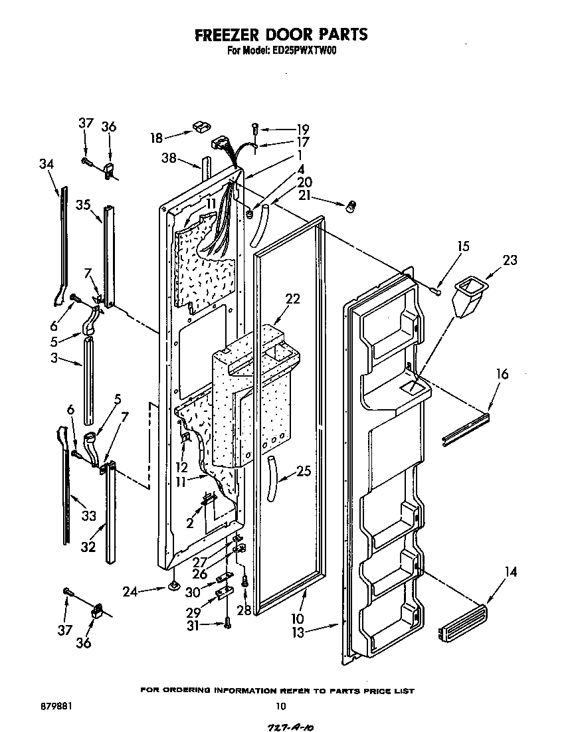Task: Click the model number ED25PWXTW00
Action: (x=304, y=50)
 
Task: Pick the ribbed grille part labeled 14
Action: (x=462, y=623)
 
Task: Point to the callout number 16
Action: (x=502, y=375)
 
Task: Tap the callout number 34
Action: (x=46, y=164)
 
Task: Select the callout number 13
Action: (x=297, y=632)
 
